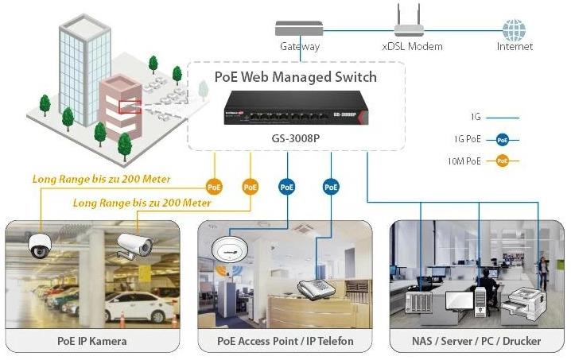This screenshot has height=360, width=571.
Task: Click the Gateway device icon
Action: pyautogui.click(x=300, y=29)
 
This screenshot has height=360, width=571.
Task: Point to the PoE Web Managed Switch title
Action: pyautogui.click(x=295, y=77)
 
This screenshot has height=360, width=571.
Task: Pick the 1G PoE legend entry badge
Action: pyautogui.click(x=502, y=139)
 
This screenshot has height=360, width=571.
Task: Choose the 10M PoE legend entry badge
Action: pyautogui.click(x=502, y=161)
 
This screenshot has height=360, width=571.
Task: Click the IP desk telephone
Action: pyautogui.click(x=316, y=288)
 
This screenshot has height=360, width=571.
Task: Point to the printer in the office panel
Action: pyautogui.click(x=524, y=299)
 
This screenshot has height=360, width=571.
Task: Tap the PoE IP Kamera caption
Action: pyautogui.click(x=92, y=341)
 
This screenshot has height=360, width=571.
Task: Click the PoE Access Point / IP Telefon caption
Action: pyautogui.click(x=285, y=341)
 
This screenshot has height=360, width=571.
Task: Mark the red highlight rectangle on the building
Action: pyautogui.click(x=130, y=106)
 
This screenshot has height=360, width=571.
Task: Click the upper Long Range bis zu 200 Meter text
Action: pyautogui.click(x=101, y=179)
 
